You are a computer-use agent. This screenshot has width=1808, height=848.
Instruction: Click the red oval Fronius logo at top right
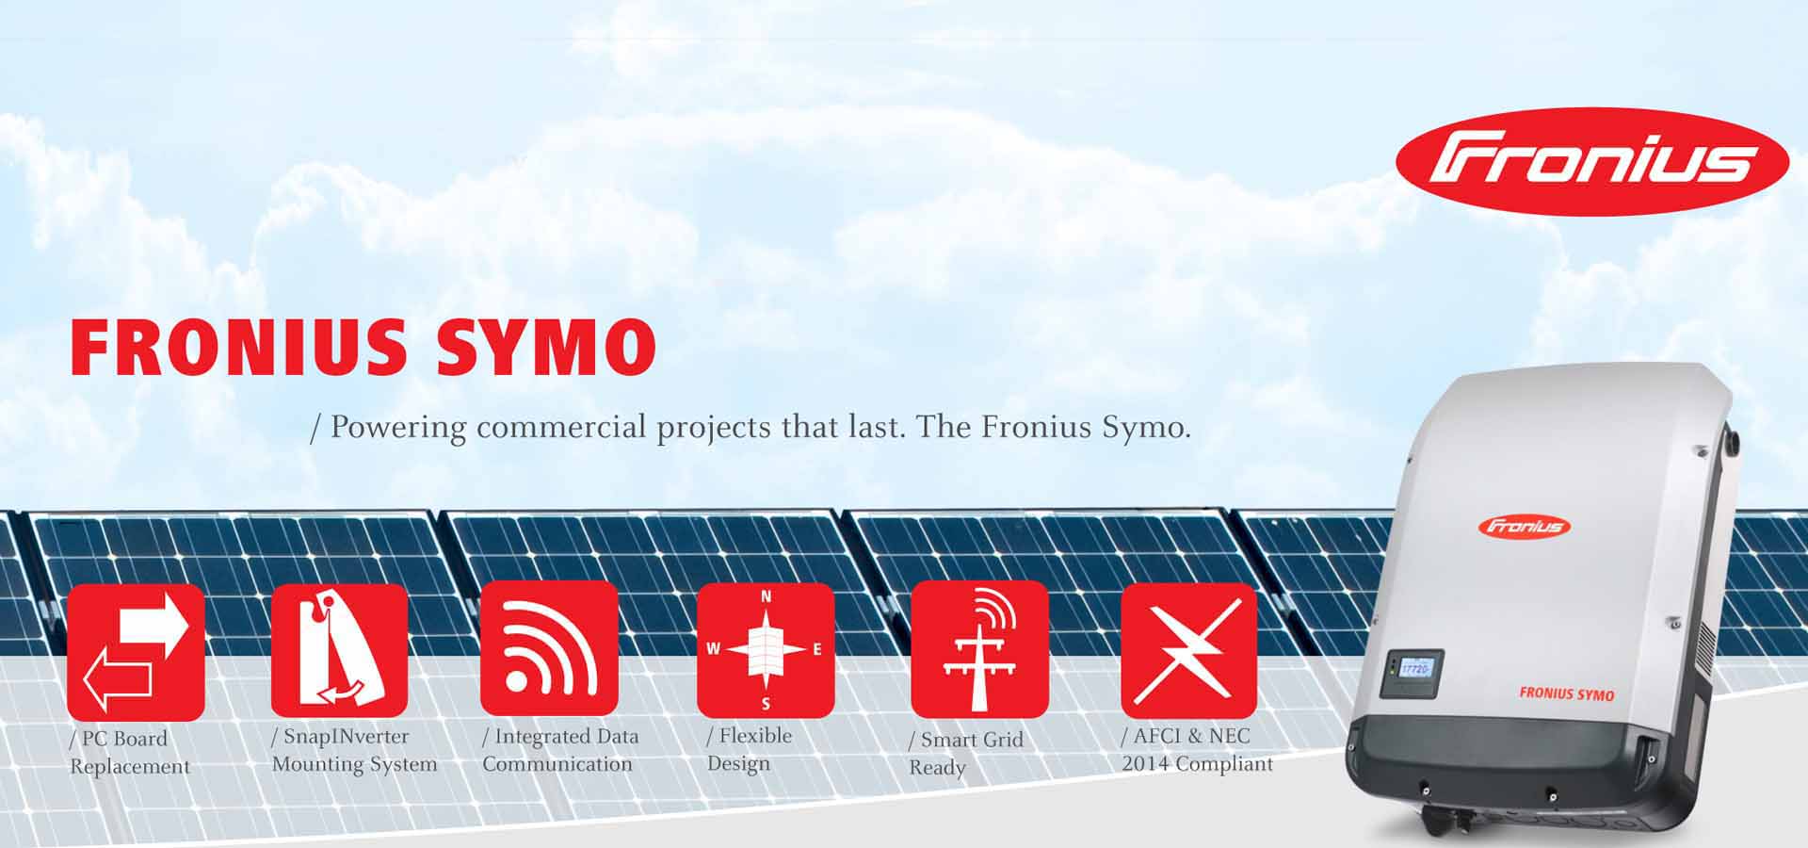(x=1591, y=161)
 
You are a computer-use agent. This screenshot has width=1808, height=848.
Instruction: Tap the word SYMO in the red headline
(x=545, y=347)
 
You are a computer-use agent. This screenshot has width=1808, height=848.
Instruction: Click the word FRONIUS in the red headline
(x=238, y=347)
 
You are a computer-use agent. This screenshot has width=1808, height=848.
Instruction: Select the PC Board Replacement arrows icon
(x=136, y=652)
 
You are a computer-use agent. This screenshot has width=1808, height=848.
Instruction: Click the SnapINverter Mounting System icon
(x=339, y=650)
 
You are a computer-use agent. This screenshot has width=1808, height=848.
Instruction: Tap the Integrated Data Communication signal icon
(x=549, y=648)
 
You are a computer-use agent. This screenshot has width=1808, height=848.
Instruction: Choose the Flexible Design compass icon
(x=766, y=649)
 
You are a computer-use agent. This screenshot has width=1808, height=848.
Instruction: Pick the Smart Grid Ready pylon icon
(x=979, y=649)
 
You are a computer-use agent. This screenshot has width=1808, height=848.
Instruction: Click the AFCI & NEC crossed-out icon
(x=1189, y=650)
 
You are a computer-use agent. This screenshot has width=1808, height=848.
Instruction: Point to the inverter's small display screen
(x=1414, y=669)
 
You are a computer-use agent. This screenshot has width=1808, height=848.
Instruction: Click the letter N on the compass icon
(x=766, y=596)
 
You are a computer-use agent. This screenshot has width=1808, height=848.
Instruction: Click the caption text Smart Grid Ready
(x=965, y=753)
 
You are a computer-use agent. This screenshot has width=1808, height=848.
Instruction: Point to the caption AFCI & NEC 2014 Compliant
(x=1197, y=750)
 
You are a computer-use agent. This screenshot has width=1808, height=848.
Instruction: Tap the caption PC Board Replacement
(x=130, y=752)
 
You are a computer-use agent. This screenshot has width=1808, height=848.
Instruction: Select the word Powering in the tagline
(x=398, y=428)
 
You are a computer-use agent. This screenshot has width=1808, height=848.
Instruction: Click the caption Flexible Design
(x=750, y=749)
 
